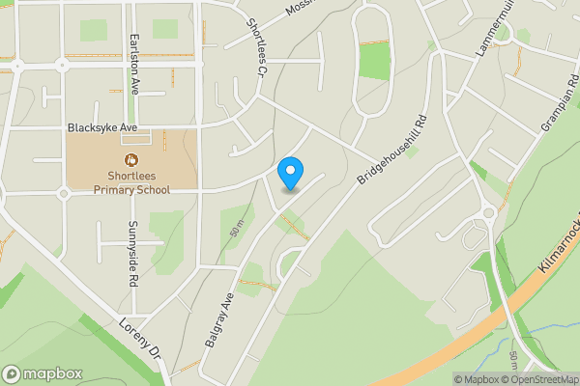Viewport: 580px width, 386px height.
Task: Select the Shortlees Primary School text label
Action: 131,182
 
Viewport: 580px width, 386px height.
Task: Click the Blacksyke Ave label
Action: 104,127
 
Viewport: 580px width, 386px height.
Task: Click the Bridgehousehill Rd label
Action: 391,151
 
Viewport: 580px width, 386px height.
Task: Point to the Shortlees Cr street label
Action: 255,48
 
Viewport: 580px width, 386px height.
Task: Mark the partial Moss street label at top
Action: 302,9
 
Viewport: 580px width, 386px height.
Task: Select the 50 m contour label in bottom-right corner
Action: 513,363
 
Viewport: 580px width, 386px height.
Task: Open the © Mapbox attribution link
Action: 477,379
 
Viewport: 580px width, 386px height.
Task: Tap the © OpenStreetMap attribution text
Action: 539,379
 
